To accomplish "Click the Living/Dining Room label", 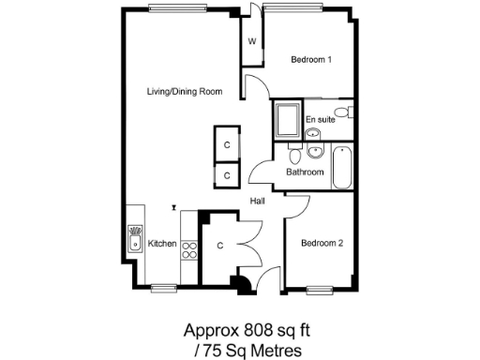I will pos(185,91).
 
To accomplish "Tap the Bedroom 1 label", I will pos(311,60).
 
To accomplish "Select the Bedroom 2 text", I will pos(322,244).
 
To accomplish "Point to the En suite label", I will pos(321,119).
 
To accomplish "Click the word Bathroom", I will pos(305,172).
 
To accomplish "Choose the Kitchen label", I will pos(162,244).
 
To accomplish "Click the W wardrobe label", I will pos(252,42).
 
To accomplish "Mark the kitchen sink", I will pos(135,239).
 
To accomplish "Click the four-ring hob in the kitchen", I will pos(188,249).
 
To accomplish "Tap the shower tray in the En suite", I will pos(288,122).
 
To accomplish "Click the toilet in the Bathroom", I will pos(294,156).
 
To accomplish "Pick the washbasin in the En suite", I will pos(313,133).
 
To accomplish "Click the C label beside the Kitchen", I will pos(218,247).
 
